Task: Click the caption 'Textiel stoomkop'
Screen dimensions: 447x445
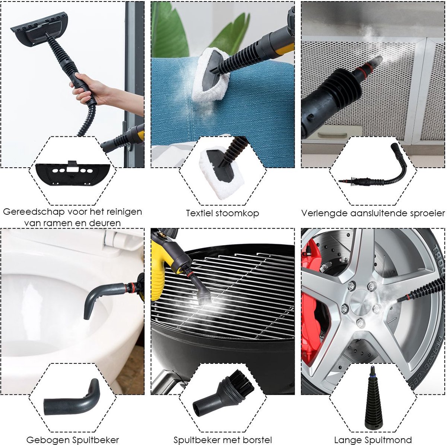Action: [222, 213]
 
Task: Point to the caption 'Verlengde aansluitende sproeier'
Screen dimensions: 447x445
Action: [373, 213]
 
